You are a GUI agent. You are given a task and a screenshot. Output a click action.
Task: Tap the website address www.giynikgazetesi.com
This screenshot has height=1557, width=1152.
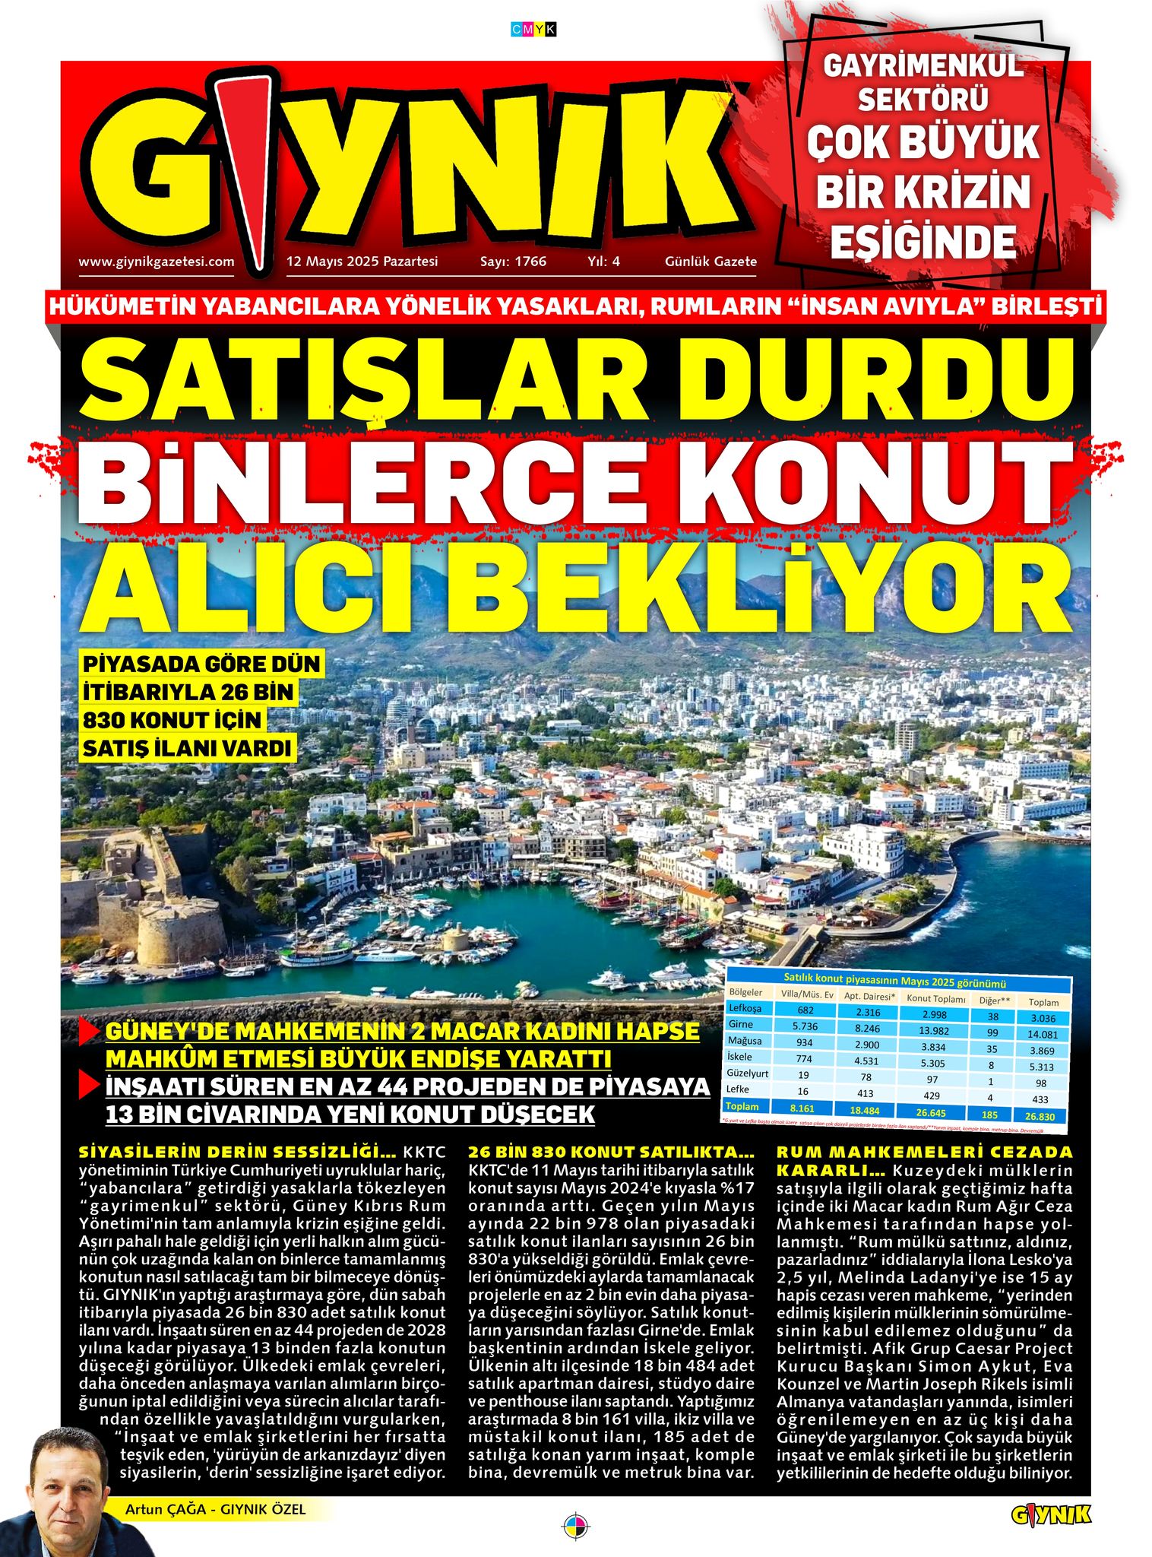[156, 262]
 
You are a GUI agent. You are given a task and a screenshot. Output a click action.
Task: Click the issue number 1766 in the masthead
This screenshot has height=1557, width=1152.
[530, 262]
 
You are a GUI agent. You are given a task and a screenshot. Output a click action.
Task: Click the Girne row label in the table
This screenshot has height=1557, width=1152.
[742, 1025]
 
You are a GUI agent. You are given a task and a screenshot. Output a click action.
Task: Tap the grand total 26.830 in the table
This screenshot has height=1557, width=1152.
[1040, 1117]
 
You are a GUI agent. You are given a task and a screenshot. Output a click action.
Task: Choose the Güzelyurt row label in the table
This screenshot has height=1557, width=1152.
[748, 1073]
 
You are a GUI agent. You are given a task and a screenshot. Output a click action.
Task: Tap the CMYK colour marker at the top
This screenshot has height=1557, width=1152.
[533, 29]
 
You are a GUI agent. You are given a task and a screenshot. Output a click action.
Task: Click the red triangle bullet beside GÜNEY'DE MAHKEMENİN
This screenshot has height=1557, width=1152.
[89, 1032]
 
